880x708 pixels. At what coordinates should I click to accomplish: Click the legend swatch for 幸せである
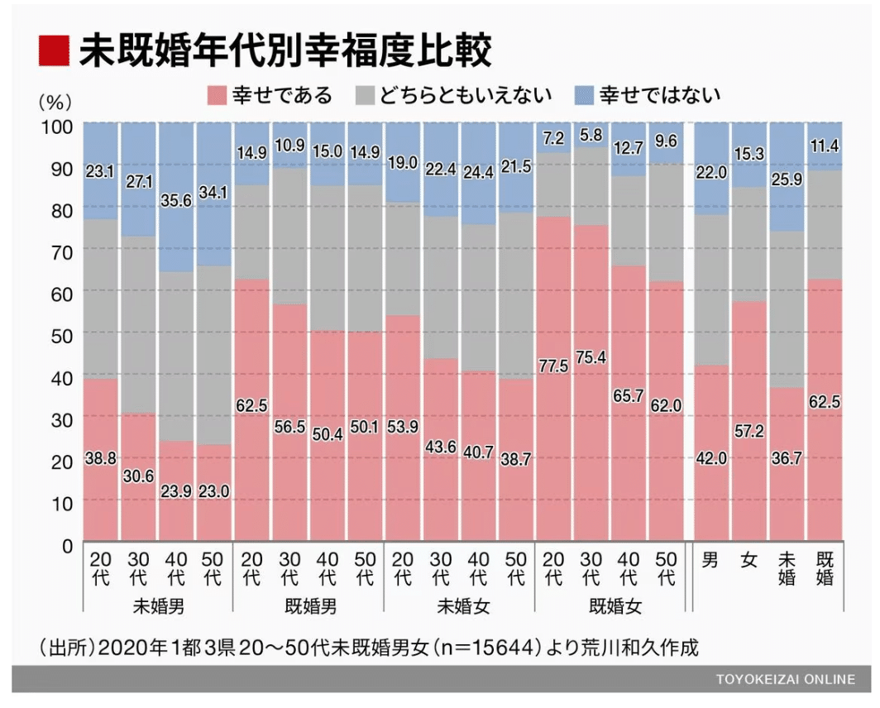click(x=216, y=95)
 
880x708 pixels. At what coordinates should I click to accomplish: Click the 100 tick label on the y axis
click(x=57, y=125)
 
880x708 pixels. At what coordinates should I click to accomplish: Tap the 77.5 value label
click(x=554, y=366)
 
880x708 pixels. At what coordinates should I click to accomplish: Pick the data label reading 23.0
click(x=213, y=491)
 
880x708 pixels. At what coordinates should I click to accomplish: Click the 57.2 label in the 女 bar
click(x=748, y=432)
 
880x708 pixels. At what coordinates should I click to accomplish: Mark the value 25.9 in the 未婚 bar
click(x=787, y=200)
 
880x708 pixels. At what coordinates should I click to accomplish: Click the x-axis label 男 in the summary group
click(x=711, y=560)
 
